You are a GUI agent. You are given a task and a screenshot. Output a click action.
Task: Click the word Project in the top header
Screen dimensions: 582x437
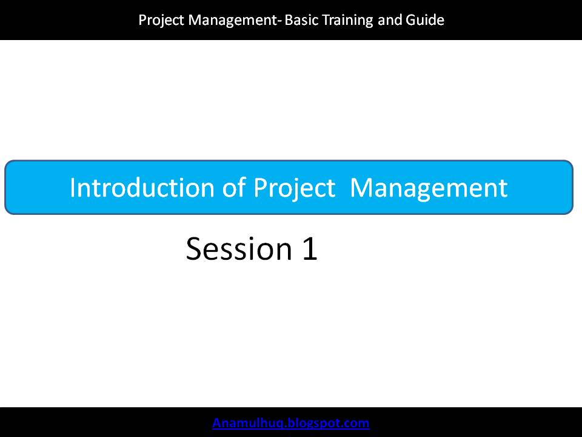[x=161, y=21]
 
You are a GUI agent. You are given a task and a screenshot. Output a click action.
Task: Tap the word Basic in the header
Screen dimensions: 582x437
[x=301, y=19]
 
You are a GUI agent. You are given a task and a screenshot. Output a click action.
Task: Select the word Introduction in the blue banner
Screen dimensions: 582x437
[x=142, y=188]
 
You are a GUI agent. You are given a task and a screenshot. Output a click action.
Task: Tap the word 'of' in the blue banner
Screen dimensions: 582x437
[x=234, y=188]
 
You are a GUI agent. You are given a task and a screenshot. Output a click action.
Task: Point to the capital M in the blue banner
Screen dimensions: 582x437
[x=363, y=188]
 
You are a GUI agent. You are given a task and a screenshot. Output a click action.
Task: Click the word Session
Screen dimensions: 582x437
[x=239, y=248]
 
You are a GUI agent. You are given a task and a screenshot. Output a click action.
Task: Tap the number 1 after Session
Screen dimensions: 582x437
[x=310, y=248]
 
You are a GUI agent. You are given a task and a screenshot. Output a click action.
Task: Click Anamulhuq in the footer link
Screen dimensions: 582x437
[x=249, y=423]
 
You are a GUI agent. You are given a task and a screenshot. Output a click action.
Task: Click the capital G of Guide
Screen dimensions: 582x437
[x=411, y=20]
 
